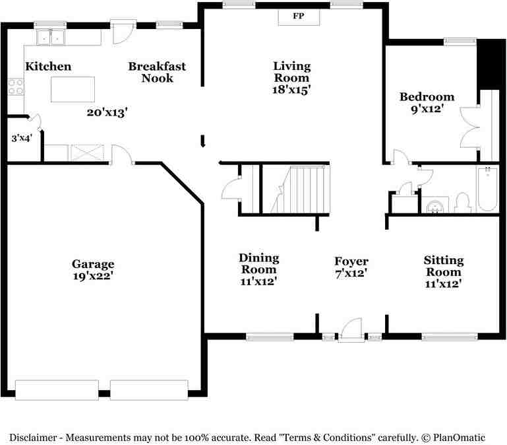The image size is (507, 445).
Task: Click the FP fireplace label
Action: pos(299,16)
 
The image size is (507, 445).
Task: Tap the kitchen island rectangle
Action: pos(73,89)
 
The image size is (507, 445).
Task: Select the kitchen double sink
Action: pos(51,36)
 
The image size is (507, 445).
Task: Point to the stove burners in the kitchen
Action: pos(16,86)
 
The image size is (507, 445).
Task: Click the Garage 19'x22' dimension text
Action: pos(93,276)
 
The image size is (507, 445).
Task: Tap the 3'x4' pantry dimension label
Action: pos(22,138)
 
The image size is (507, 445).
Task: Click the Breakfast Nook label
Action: pos(157,72)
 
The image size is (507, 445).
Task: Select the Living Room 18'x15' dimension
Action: pos(291,89)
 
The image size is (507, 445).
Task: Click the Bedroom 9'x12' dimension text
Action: pos(427,109)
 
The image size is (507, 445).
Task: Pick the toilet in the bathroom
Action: pos(462,203)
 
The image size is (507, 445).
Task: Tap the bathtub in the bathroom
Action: pos(488,189)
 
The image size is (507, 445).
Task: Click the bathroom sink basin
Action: pos(435,206)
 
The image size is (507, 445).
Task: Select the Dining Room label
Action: pos(259,263)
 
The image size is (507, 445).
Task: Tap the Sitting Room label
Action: pos(444,266)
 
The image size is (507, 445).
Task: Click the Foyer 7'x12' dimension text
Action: pos(351,273)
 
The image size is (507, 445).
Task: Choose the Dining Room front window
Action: pos(270,337)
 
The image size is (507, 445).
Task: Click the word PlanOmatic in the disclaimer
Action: pos(459,438)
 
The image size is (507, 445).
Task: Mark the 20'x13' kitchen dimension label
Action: pos(107,113)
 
